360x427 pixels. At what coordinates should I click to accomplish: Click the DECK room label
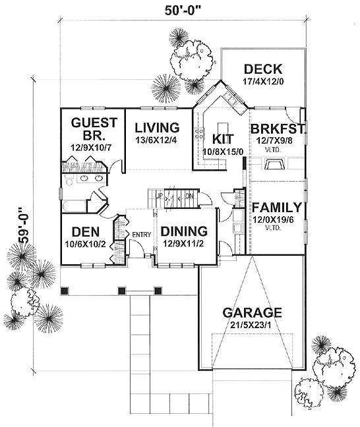click(x=262, y=69)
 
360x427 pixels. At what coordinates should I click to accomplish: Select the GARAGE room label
click(x=252, y=312)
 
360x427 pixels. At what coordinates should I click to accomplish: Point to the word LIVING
click(x=157, y=127)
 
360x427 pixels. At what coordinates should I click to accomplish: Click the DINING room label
click(x=185, y=231)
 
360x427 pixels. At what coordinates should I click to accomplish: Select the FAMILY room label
click(x=277, y=207)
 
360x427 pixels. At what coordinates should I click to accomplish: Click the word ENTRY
click(x=142, y=235)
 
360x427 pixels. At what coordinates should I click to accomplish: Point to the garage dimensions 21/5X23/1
click(x=252, y=325)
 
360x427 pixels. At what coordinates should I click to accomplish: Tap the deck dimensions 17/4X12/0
click(x=262, y=82)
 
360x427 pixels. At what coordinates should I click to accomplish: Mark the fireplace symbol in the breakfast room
click(x=274, y=165)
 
